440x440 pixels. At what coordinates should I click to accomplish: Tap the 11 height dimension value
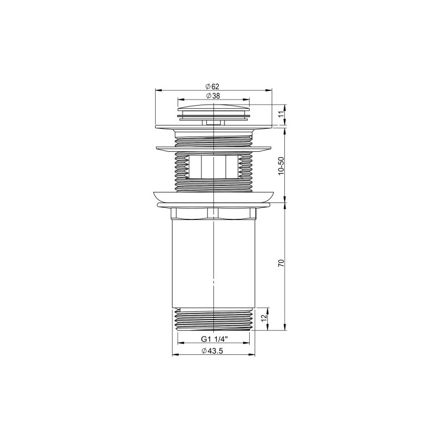tap(281, 114)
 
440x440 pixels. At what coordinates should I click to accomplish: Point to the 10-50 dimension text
tap(281, 165)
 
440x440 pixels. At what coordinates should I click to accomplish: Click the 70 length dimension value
tap(281, 263)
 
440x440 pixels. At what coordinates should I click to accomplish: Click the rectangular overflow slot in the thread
tap(213, 167)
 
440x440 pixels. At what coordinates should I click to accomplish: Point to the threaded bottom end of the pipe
tap(213, 320)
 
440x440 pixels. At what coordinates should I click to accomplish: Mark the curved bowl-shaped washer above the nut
tap(213, 197)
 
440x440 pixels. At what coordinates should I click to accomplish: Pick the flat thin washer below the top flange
tap(213, 147)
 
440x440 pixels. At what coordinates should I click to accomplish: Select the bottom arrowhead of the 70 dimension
tap(285, 328)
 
